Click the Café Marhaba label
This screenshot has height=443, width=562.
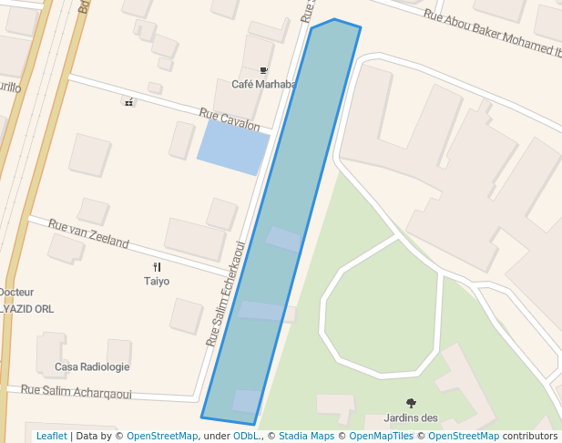[264, 85]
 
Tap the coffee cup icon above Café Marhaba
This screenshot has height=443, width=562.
[264, 70]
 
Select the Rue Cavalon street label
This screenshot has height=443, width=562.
[230, 118]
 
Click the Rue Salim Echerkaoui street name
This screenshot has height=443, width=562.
[226, 294]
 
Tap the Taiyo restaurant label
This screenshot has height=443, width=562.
[157, 281]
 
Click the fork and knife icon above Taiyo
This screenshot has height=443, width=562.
[157, 267]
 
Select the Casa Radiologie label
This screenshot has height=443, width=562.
[92, 366]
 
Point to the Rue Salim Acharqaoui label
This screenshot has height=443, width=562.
[77, 392]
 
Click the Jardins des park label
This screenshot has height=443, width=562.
[411, 418]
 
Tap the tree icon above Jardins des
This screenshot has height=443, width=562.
[411, 403]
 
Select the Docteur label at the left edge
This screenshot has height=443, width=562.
[16, 293]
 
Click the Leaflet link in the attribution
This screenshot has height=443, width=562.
[51, 436]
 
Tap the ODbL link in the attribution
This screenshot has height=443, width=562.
[245, 436]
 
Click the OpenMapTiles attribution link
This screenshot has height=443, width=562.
[382, 436]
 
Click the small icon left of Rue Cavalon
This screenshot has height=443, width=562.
[128, 102]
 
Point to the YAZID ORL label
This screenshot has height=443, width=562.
[27, 309]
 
